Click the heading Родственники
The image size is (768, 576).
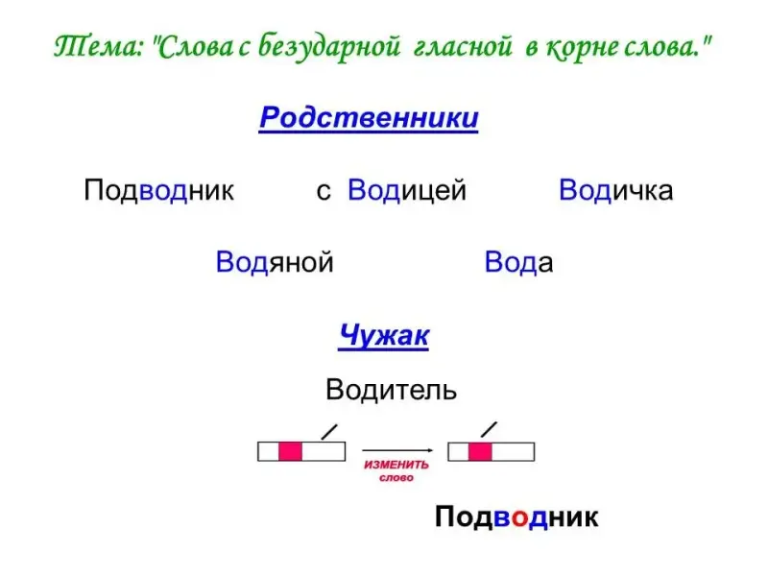[369, 118]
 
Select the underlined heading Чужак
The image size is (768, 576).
[383, 336]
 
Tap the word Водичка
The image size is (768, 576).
[615, 190]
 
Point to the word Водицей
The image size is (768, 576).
[406, 190]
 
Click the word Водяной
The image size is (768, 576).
[275, 262]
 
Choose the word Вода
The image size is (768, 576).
[518, 262]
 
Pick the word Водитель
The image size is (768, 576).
[391, 391]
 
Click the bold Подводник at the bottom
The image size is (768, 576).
[516, 517]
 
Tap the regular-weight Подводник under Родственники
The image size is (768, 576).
[158, 190]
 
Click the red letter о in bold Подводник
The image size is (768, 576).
[520, 519]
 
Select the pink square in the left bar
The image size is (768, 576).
[290, 451]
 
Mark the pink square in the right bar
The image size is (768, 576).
[480, 451]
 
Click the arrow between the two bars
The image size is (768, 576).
[397, 450]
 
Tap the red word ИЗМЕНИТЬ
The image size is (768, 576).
[396, 465]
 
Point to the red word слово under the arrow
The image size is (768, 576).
[396, 477]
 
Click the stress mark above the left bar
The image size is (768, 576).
[329, 432]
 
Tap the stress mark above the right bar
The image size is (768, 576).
[489, 429]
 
